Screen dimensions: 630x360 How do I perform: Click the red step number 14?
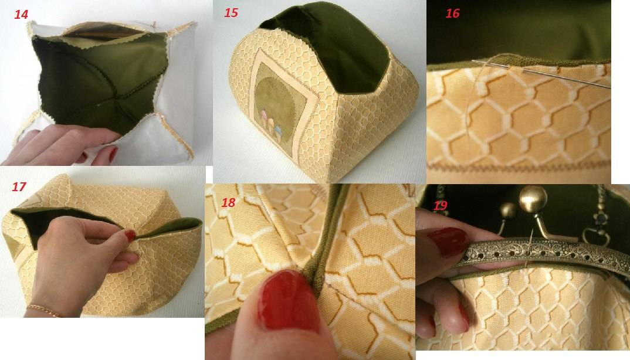tap(21, 15)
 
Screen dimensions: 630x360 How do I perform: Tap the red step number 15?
tap(231, 13)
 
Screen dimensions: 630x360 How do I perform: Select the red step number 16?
tap(452, 13)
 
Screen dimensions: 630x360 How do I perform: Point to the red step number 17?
tap(19, 187)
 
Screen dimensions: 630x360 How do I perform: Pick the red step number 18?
tap(228, 202)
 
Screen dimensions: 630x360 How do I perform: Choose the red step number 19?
tap(440, 206)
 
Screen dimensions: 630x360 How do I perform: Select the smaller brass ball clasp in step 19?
tap(508, 210)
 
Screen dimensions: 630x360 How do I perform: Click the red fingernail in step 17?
tap(130, 235)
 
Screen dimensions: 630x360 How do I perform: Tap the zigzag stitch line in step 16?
tap(519, 165)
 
